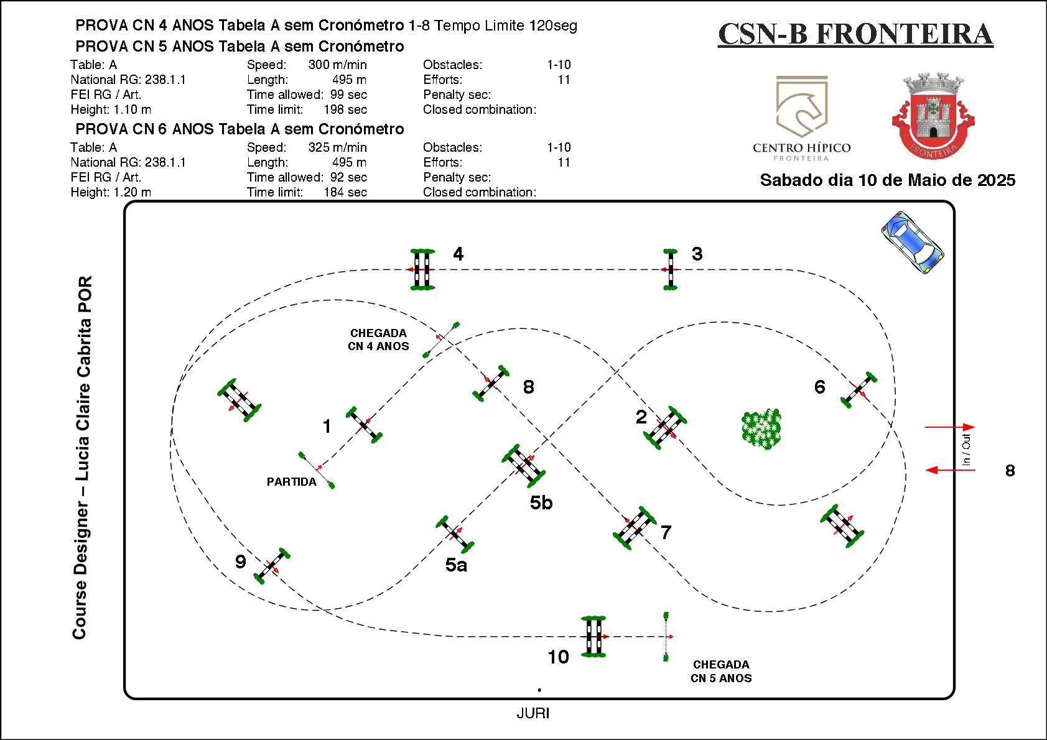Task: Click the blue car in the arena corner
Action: (913, 242)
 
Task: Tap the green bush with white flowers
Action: (761, 428)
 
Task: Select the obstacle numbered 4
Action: (422, 269)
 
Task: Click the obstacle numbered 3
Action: (670, 269)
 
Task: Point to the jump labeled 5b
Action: (523, 465)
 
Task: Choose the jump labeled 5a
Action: (455, 534)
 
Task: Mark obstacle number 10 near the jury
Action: (593, 636)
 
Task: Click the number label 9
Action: (241, 562)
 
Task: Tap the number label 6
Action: (820, 387)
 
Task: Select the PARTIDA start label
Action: (291, 482)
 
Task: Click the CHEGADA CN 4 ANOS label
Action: (378, 340)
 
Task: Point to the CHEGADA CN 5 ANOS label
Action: (721, 672)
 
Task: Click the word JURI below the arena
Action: (533, 713)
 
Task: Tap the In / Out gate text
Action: (966, 449)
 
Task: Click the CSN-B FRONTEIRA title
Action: (855, 34)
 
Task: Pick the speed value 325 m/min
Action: (337, 147)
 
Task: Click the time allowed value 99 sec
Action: (348, 95)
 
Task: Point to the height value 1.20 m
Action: (132, 192)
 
